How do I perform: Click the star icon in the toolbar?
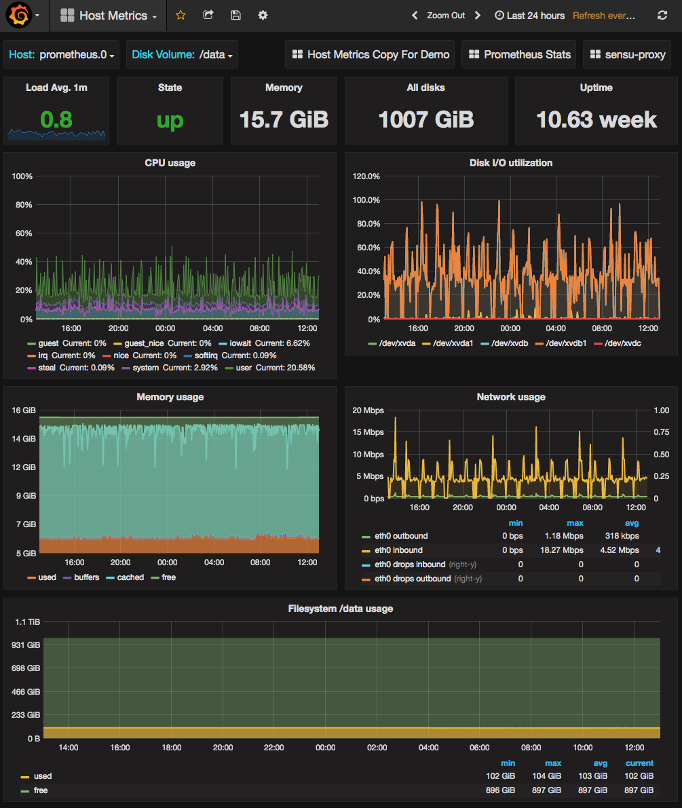pos(181,15)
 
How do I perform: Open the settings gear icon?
pos(263,15)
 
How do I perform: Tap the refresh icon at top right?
pos(662,15)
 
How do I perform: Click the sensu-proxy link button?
pos(627,54)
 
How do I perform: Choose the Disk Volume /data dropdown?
pos(183,54)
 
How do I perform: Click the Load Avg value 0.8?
pos(56,119)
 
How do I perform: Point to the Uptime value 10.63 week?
pos(596,119)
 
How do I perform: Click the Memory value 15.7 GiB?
pos(284,119)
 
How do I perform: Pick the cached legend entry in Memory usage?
pos(130,577)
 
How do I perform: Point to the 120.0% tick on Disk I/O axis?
pos(366,176)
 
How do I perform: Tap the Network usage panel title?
pos(511,397)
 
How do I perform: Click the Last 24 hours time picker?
pos(529,15)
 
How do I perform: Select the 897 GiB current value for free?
pos(639,790)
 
